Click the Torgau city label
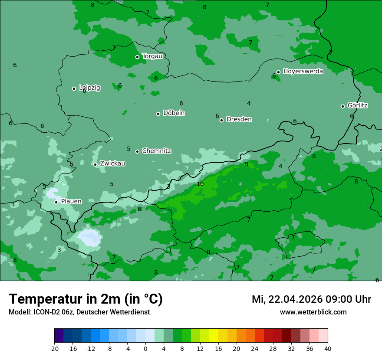click(152, 56)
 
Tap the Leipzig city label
click(89, 88)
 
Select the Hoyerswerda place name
click(303, 71)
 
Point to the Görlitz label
click(357, 105)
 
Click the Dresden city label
click(239, 119)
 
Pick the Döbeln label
click(174, 113)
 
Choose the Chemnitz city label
click(156, 151)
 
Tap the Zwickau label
click(112, 164)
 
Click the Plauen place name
click(71, 201)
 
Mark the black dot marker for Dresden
click(221, 120)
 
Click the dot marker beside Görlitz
click(342, 106)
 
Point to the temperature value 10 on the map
click(200, 184)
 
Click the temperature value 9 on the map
click(247, 164)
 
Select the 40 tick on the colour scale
click(327, 348)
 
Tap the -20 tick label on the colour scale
click(54, 348)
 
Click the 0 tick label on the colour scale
click(145, 348)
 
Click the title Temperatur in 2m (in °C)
click(86, 299)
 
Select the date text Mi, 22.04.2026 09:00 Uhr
click(311, 299)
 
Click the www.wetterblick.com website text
click(313, 312)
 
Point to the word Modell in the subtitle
click(19, 312)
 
